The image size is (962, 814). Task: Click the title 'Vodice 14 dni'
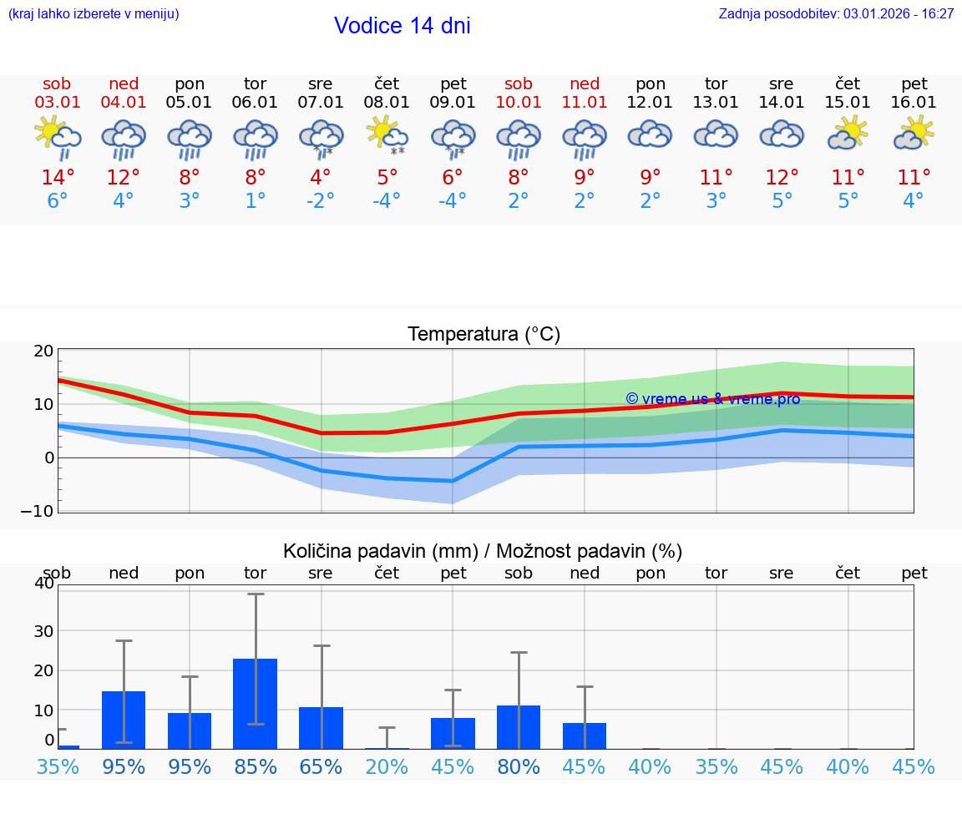click(x=402, y=26)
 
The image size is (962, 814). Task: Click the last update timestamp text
click(x=836, y=13)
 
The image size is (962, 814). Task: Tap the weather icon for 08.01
click(x=387, y=135)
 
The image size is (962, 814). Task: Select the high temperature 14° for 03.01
click(x=58, y=178)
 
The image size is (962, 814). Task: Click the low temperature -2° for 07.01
click(x=321, y=201)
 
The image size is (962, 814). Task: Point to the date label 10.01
click(x=519, y=103)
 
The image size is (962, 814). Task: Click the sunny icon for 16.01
click(x=914, y=134)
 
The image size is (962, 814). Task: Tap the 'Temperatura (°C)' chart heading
click(x=484, y=335)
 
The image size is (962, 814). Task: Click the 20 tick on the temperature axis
click(x=43, y=351)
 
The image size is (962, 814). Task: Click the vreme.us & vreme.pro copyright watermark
click(x=712, y=399)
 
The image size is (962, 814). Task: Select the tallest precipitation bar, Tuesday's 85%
click(x=256, y=703)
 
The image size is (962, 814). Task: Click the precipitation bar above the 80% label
click(x=519, y=727)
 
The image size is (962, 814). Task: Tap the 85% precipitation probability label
click(x=256, y=767)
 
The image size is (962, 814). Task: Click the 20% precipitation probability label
click(x=387, y=767)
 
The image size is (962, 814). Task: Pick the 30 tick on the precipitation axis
click(x=43, y=631)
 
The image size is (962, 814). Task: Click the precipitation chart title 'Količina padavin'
click(x=380, y=551)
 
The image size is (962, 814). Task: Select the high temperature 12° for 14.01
click(x=782, y=178)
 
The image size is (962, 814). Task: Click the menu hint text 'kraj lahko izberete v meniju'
click(x=94, y=13)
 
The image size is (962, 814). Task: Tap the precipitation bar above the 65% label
click(x=321, y=728)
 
